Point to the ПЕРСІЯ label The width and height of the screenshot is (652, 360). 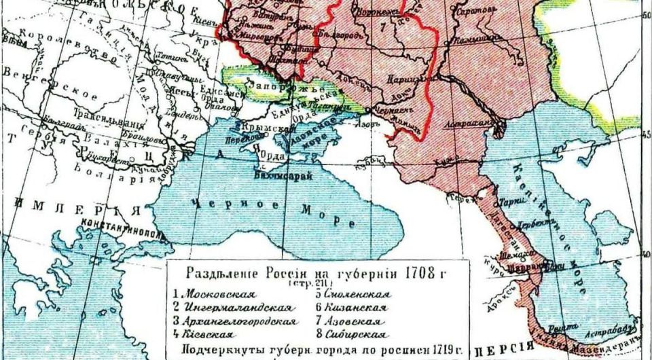click(502, 351)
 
